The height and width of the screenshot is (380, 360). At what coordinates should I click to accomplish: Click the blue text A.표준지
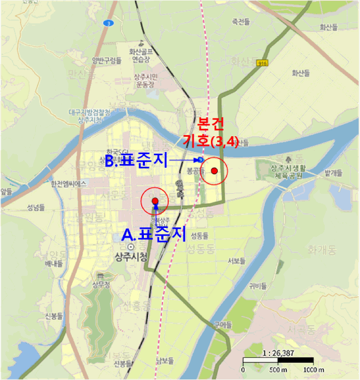[154, 234]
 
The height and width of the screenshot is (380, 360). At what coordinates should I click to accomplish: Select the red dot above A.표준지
[155, 201]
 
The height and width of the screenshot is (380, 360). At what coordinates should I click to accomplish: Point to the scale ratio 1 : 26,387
[277, 352]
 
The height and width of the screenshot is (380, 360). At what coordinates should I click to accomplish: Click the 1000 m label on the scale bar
[313, 370]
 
